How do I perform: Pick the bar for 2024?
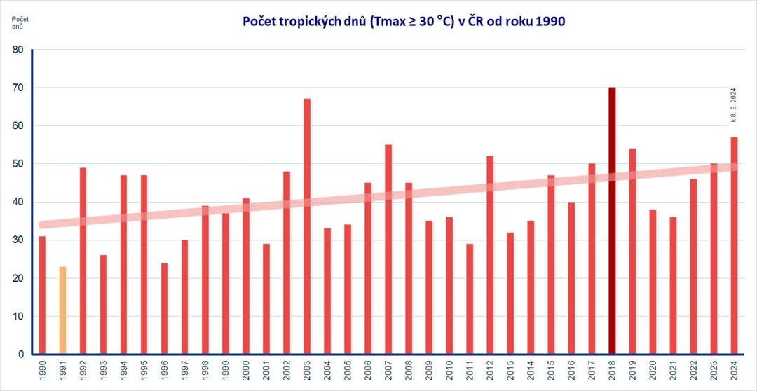734,245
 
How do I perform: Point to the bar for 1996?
164,308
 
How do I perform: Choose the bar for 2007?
388,249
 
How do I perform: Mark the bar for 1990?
42,295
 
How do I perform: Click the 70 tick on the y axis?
18,88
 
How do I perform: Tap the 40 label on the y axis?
18,202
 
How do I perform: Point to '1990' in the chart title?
550,21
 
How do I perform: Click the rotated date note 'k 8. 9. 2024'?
733,105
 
